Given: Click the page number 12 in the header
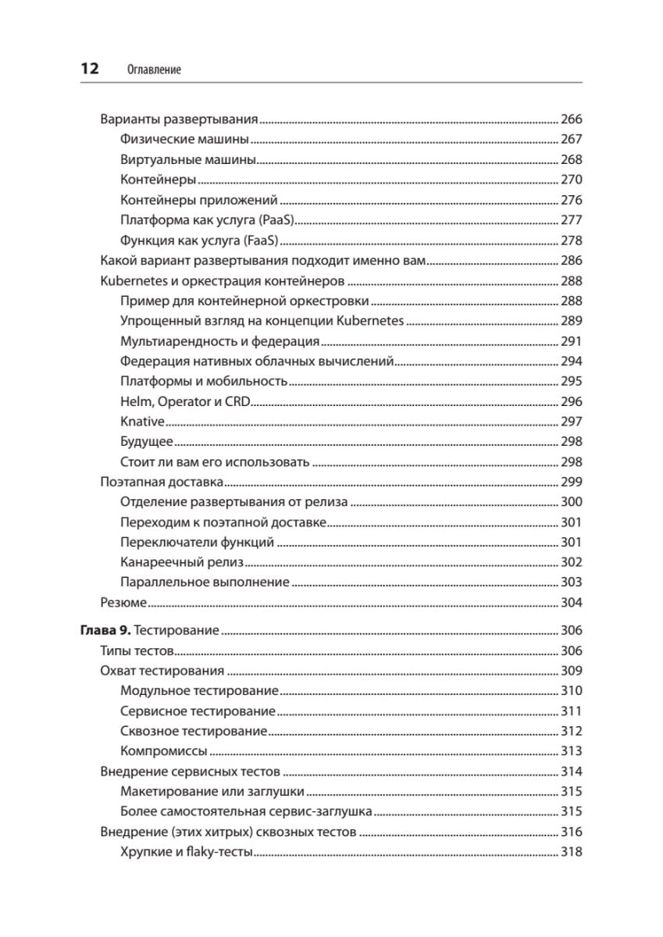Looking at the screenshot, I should (x=89, y=69).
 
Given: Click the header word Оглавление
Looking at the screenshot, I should (x=153, y=69).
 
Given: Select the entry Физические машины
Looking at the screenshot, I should (x=185, y=140).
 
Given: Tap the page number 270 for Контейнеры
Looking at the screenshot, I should (x=572, y=180).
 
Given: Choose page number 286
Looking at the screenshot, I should (x=572, y=261).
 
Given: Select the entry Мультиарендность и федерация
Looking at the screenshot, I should (x=220, y=341).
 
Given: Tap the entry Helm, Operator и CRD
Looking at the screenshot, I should (x=184, y=401).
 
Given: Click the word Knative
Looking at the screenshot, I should (x=143, y=422).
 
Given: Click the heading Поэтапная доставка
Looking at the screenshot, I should (x=162, y=482).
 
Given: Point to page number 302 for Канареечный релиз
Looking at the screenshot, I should (x=572, y=562).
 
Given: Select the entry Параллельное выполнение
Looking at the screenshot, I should (x=205, y=583).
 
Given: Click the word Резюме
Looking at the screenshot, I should (x=124, y=603).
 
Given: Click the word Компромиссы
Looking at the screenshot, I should (x=164, y=751).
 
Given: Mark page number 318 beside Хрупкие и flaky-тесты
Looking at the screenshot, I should (x=572, y=852).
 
